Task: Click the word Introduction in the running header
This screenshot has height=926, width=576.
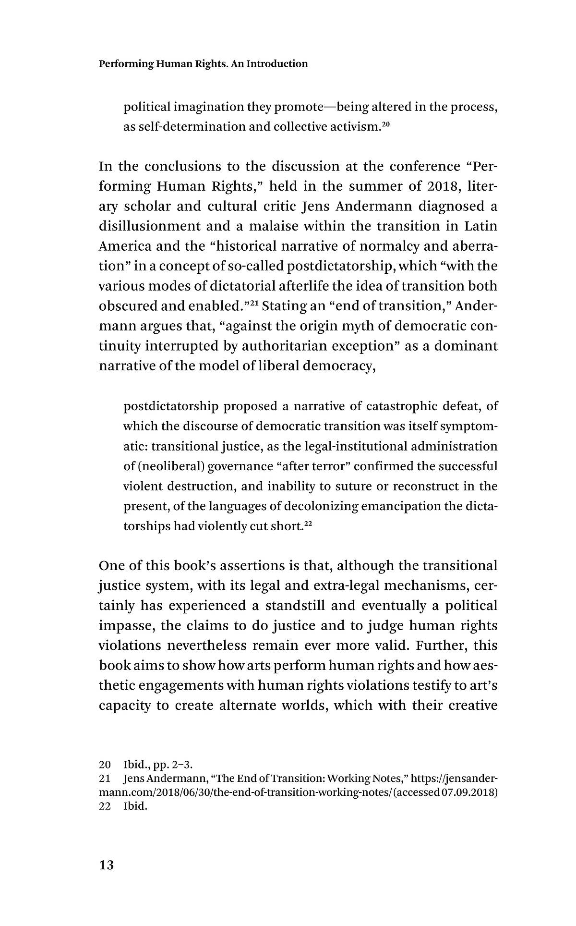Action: point(277,64)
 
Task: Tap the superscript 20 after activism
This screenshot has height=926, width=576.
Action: point(386,124)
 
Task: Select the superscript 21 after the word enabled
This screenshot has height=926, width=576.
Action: point(254,303)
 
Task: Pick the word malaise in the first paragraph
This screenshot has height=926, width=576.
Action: point(278,226)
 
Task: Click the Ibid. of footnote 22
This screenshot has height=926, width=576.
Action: point(135,806)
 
